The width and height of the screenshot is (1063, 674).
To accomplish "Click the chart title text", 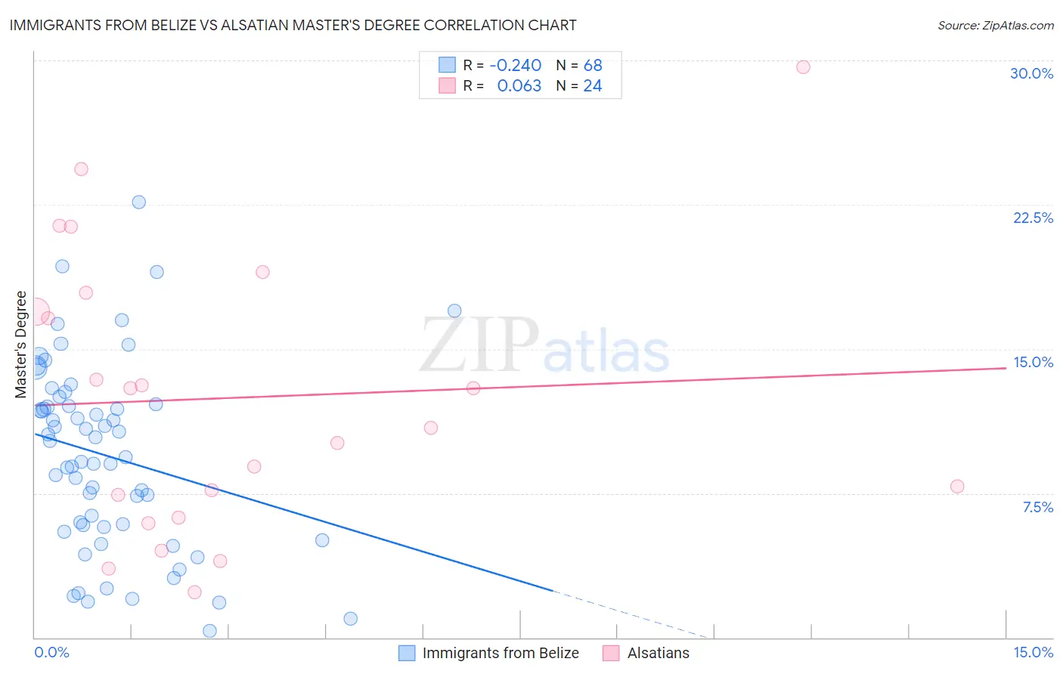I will (293, 26).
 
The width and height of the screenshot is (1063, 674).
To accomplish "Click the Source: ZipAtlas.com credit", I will (995, 26).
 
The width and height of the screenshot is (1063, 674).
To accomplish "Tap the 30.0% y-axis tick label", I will (1031, 73).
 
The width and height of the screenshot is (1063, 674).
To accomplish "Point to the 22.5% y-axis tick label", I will (1033, 218).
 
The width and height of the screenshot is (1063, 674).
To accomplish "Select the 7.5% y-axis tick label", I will (1037, 507).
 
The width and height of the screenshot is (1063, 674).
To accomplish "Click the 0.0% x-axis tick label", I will (51, 652).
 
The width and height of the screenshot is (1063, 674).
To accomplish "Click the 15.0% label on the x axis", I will (1033, 652).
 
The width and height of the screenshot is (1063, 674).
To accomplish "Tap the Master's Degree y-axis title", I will (21, 345).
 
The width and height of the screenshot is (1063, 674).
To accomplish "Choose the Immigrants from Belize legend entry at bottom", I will (489, 653).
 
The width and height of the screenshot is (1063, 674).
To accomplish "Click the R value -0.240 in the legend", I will (515, 66).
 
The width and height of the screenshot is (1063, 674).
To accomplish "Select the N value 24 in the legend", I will (592, 86).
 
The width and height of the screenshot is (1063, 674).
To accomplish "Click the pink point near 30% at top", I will (803, 67).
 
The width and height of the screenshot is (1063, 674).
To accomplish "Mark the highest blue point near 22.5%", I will (139, 202).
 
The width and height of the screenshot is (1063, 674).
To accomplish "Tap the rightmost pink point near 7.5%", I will (957, 487).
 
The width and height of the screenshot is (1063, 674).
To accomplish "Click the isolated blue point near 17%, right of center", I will (454, 311).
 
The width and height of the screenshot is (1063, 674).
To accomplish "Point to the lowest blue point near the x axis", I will (210, 631).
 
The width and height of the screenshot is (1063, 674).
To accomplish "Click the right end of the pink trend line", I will (1004, 367).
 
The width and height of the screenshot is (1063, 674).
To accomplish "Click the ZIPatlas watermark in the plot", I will (544, 346).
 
